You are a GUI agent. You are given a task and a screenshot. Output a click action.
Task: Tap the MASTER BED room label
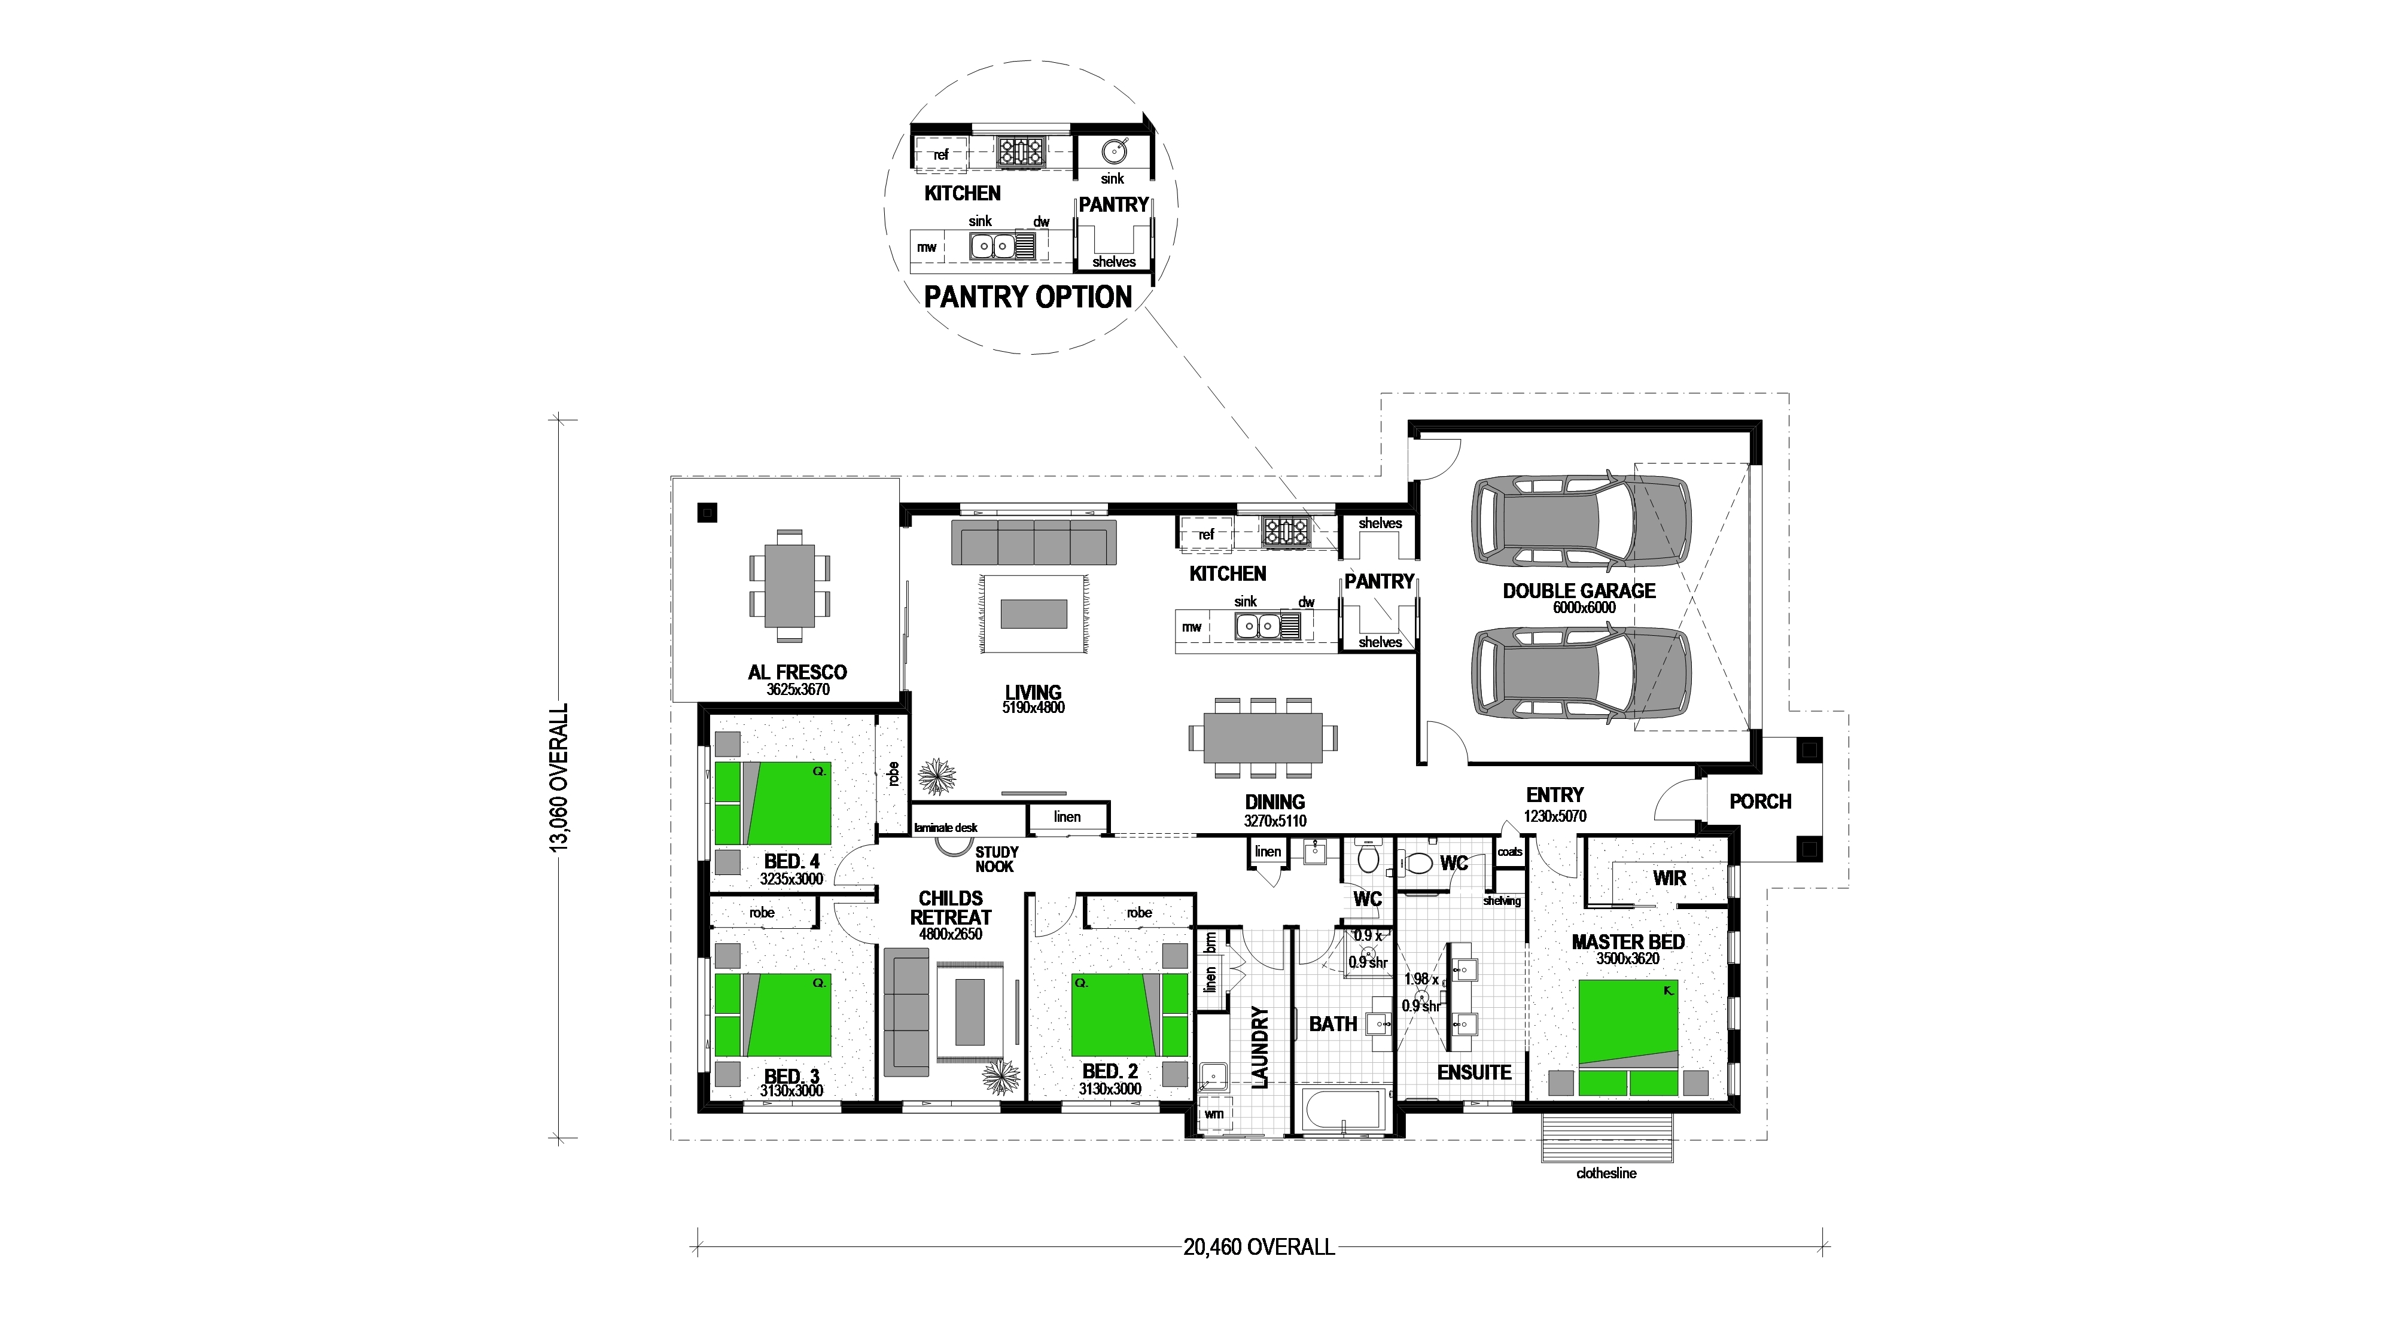click(1627, 942)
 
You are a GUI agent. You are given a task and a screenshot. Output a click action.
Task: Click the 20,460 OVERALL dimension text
click(1259, 1246)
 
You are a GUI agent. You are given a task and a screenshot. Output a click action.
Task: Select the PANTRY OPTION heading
click(1027, 297)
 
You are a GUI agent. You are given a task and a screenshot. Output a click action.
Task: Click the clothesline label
click(1606, 1173)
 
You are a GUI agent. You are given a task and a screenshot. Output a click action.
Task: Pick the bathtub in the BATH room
click(1343, 1111)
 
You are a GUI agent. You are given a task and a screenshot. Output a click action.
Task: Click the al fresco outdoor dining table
click(790, 586)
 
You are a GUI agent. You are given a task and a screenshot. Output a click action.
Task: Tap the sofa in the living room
click(1033, 541)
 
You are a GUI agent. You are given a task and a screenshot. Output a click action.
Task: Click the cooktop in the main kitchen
click(1285, 531)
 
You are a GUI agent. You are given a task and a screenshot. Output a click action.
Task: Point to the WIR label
click(1669, 878)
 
